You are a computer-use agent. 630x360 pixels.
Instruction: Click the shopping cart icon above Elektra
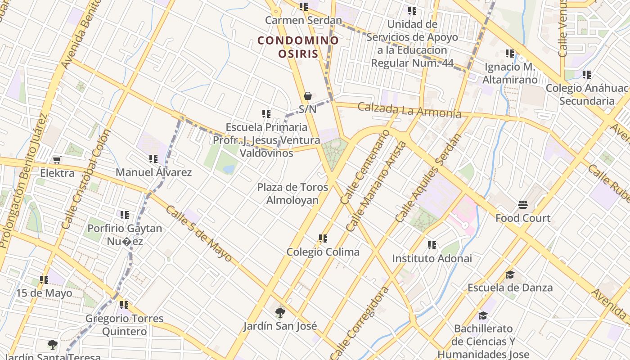click(57, 160)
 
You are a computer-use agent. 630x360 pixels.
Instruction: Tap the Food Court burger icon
click(522, 205)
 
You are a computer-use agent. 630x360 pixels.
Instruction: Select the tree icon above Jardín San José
click(280, 312)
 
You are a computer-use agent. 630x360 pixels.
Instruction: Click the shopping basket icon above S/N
click(308, 96)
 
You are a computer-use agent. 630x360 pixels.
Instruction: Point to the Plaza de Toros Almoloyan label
click(292, 193)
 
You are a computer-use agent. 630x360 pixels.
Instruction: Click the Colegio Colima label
click(323, 252)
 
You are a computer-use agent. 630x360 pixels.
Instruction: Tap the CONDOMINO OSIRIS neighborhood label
click(298, 47)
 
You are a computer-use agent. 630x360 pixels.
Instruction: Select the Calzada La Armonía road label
click(409, 110)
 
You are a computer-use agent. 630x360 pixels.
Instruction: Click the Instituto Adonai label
click(432, 258)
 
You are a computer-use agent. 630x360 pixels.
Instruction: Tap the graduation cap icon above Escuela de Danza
click(509, 274)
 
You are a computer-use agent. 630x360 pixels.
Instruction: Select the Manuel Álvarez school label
click(153, 172)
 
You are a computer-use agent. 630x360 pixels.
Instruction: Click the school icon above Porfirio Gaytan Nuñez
click(124, 215)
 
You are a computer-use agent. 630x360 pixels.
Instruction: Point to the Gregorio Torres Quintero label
click(125, 325)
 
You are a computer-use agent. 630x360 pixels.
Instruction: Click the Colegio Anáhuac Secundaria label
click(586, 94)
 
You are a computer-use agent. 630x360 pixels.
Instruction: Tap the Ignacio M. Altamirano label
click(510, 73)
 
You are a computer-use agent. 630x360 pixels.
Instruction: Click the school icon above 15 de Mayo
click(44, 280)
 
